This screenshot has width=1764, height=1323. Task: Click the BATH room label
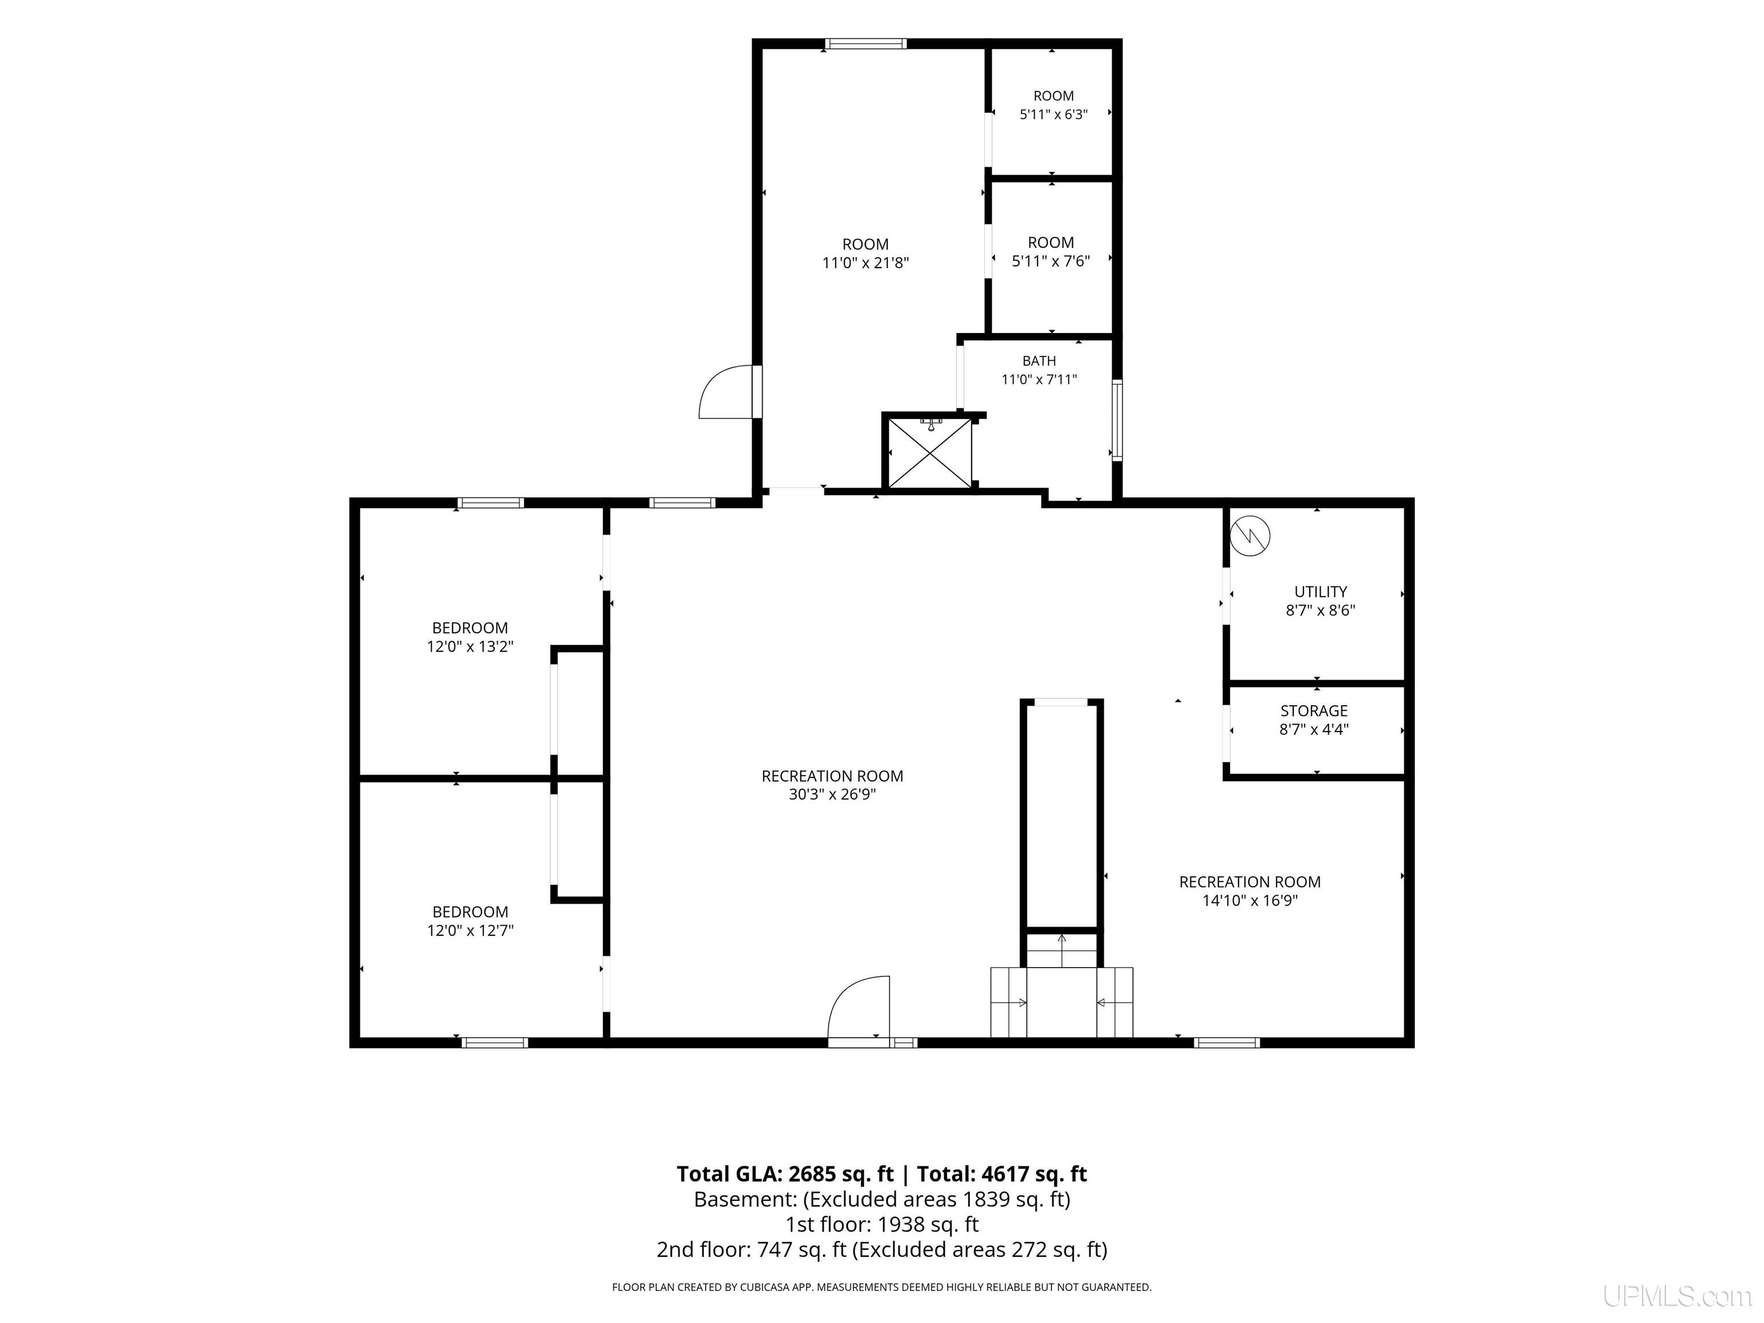point(1039,361)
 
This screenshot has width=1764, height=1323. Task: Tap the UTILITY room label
point(1321,591)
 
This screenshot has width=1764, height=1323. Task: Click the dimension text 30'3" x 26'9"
point(833,794)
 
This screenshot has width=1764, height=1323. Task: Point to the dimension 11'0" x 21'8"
point(865,262)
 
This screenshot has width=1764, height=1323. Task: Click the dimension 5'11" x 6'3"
point(1054,114)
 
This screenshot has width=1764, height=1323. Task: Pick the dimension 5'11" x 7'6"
point(1051,261)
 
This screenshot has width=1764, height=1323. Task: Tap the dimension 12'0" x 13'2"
point(470,647)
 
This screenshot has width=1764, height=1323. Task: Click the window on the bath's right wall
point(1117,420)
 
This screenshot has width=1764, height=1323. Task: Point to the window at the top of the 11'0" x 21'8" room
point(865,44)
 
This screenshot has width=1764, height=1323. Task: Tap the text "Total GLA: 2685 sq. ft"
point(786,1174)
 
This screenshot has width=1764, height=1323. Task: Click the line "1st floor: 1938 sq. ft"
point(882,1224)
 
